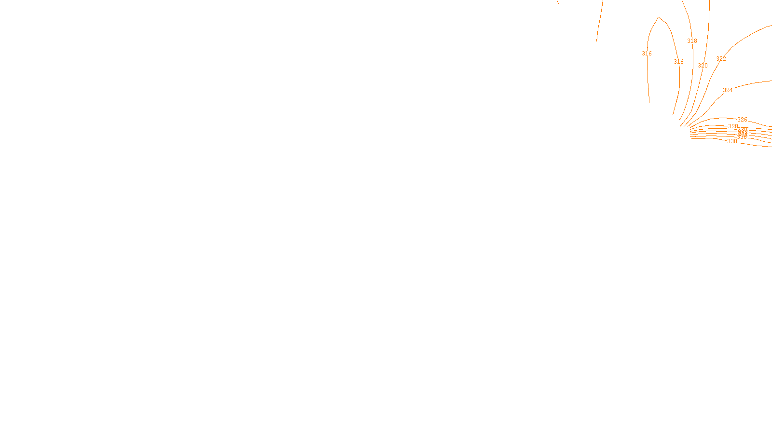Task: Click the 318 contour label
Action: click(x=692, y=41)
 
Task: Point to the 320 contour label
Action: click(x=703, y=66)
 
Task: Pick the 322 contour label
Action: click(x=721, y=59)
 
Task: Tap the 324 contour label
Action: click(x=728, y=90)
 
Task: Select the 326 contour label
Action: click(x=742, y=120)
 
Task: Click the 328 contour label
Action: click(x=733, y=126)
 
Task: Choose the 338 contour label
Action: click(x=732, y=141)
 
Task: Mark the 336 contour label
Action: click(x=742, y=137)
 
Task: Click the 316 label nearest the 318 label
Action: click(x=678, y=62)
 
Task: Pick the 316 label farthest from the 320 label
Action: click(x=647, y=54)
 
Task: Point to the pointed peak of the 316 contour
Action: click(x=659, y=17)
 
